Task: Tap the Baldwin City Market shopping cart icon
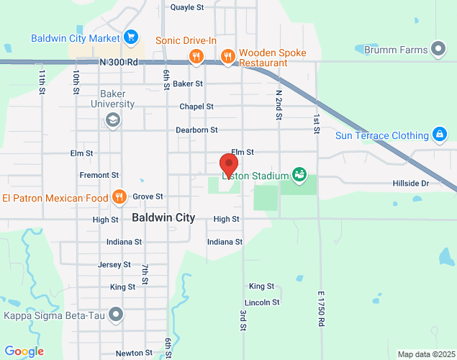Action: coord(130,36)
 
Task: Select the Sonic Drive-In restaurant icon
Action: coord(195,56)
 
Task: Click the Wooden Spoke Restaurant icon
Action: coord(228,56)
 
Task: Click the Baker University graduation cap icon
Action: coord(112,120)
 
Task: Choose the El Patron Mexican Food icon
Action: coord(119,197)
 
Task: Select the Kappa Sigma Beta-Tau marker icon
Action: coord(116,315)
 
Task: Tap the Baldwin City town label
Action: coord(163,217)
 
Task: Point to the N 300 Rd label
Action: coord(119,63)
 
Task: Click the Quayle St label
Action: coord(187,7)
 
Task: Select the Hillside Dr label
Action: coord(410,184)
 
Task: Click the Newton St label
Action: coord(134,353)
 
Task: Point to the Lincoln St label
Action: coord(262,302)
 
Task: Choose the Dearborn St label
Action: coord(196,130)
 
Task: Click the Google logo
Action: coord(24,351)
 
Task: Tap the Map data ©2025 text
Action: coord(425,354)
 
